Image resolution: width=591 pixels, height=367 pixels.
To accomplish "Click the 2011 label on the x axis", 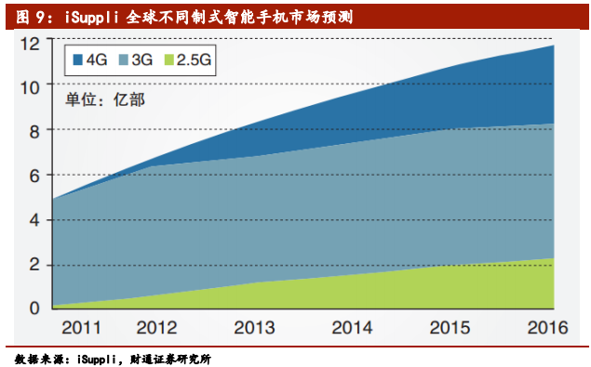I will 81,327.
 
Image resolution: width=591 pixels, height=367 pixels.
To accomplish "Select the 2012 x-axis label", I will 156,327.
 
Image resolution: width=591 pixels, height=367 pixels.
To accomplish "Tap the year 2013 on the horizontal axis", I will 253,327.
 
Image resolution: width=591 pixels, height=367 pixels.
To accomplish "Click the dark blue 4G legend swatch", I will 76,60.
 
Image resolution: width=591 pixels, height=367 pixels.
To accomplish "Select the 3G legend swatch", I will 123,60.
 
